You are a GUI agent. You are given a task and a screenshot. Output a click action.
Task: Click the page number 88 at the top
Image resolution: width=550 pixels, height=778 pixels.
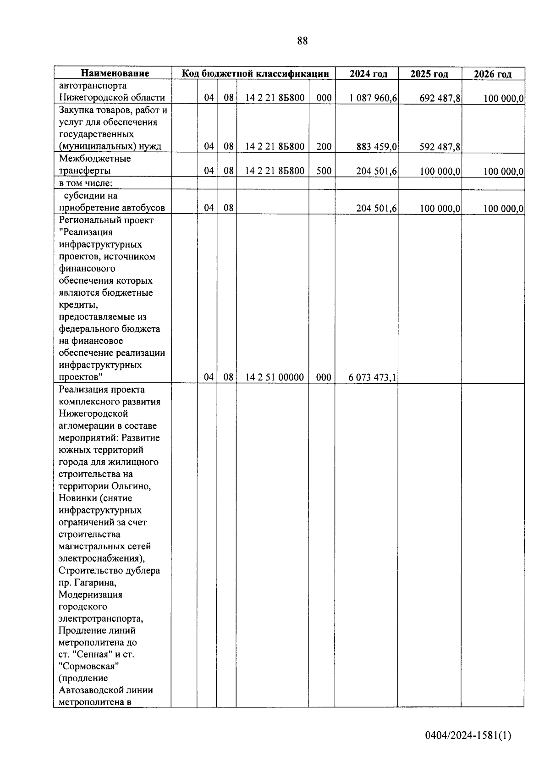302,41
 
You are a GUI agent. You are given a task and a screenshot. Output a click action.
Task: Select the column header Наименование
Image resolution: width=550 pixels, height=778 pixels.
115,73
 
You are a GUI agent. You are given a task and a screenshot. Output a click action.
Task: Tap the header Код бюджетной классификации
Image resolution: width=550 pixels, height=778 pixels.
255,73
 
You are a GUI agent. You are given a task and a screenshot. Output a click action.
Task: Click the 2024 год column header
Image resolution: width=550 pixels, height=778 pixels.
368,74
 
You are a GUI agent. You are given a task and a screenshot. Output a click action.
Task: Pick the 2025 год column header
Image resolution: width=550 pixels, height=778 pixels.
429,74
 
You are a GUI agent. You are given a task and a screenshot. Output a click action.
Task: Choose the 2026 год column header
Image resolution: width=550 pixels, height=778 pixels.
492,74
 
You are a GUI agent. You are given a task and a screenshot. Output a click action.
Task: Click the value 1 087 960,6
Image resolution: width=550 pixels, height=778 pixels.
373,98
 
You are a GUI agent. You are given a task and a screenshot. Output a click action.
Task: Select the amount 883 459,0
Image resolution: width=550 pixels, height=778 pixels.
377,147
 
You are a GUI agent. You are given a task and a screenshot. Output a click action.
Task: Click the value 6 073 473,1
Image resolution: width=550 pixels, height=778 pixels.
372,377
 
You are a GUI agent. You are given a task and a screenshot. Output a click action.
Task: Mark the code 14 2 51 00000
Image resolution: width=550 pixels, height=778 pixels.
275,377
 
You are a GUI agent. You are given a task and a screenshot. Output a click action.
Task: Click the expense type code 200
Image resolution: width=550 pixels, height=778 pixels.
324,147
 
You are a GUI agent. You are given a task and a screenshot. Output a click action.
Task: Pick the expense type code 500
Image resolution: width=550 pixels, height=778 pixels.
324,171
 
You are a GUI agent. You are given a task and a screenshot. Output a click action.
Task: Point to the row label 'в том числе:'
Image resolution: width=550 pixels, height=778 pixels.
86,183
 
